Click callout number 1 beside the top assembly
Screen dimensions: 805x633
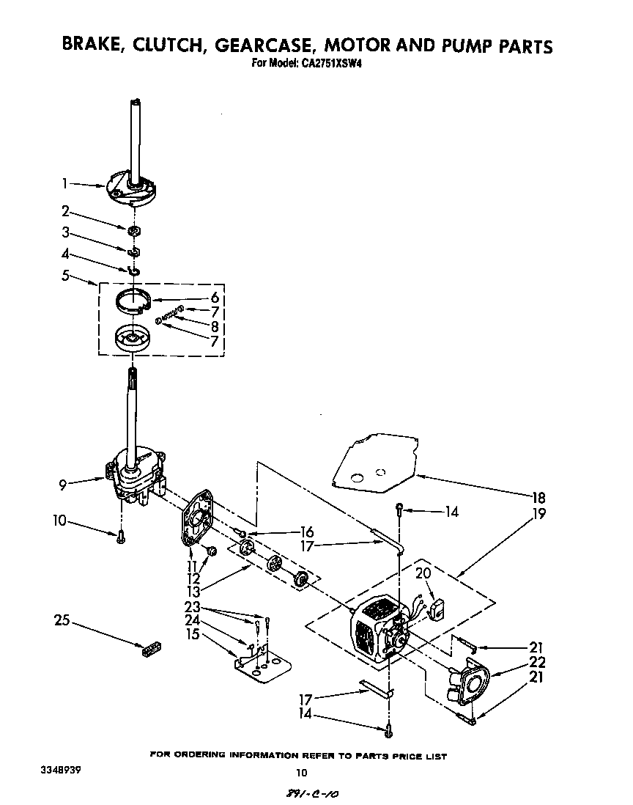click(x=65, y=184)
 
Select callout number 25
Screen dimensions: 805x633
click(x=62, y=620)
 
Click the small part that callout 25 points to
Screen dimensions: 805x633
click(x=149, y=649)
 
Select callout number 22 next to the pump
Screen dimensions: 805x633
click(x=537, y=663)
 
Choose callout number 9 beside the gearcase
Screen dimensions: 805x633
click(x=65, y=484)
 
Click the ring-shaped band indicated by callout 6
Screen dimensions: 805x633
click(x=136, y=301)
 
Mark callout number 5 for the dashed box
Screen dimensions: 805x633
click(x=65, y=276)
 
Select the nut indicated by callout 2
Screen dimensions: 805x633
click(x=134, y=232)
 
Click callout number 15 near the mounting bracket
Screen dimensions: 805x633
click(x=193, y=634)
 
